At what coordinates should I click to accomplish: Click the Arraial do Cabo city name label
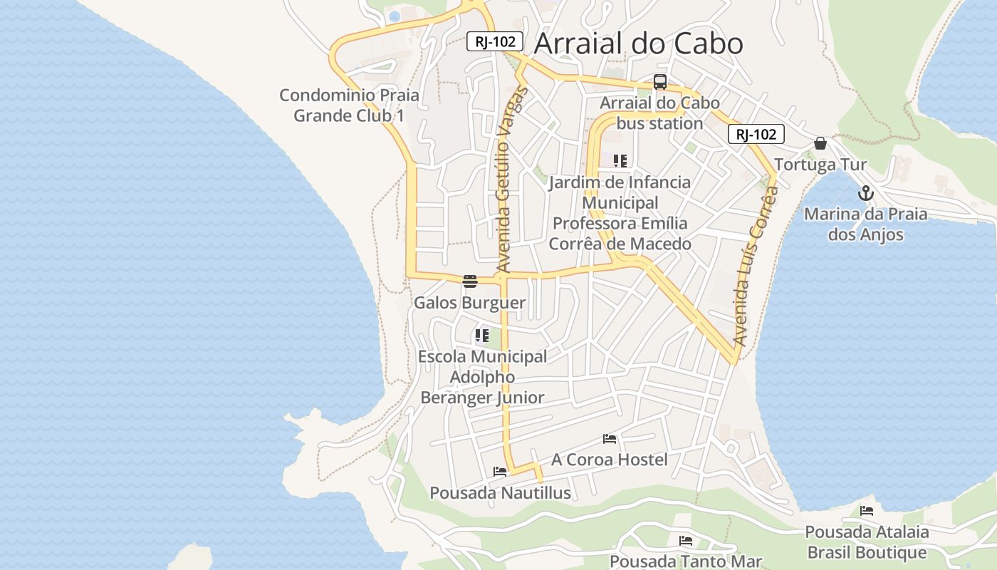click(638, 43)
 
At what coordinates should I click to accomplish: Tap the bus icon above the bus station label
click(660, 82)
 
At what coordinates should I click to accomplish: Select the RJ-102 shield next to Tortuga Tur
click(756, 134)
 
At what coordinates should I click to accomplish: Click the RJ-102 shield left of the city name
click(495, 41)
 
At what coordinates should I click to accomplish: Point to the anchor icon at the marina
click(865, 193)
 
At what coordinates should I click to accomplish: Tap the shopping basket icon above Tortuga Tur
click(820, 143)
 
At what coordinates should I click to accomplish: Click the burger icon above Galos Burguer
click(469, 281)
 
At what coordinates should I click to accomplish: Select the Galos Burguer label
click(469, 303)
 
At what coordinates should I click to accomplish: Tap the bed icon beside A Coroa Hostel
click(610, 438)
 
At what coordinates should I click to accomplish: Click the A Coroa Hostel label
click(610, 460)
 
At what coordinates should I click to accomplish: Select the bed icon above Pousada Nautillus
click(500, 471)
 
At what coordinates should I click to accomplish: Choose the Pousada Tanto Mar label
click(686, 561)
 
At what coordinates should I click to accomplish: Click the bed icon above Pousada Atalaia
click(867, 510)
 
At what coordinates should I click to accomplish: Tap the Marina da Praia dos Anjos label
click(865, 224)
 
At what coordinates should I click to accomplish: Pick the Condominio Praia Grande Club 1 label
click(349, 105)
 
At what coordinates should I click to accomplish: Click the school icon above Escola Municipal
click(482, 335)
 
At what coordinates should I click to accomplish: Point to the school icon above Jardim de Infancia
click(620, 161)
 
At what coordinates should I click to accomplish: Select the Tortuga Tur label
click(820, 165)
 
